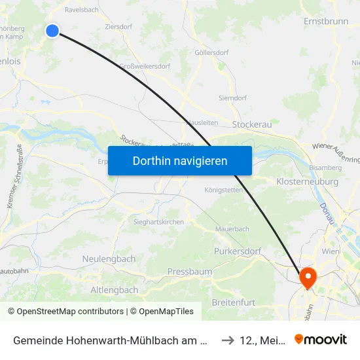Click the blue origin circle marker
point(52,31)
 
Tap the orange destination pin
point(307,278)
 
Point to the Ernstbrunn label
point(326,22)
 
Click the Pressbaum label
point(189,271)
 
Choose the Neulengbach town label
point(109,259)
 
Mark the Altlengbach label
point(114,289)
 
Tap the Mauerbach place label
point(232,229)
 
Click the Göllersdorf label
point(211,52)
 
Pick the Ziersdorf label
point(119,27)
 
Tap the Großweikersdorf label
point(145,66)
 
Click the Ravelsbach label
point(81,10)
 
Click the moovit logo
point(321,339)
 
